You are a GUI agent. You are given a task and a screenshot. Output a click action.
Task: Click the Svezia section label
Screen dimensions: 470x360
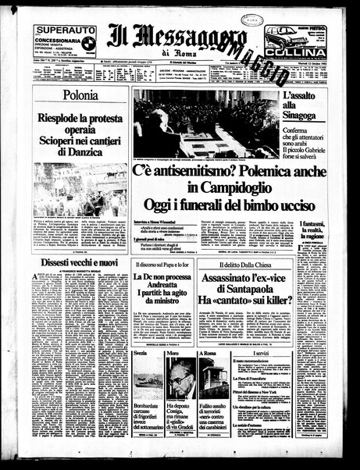point(140,353)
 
